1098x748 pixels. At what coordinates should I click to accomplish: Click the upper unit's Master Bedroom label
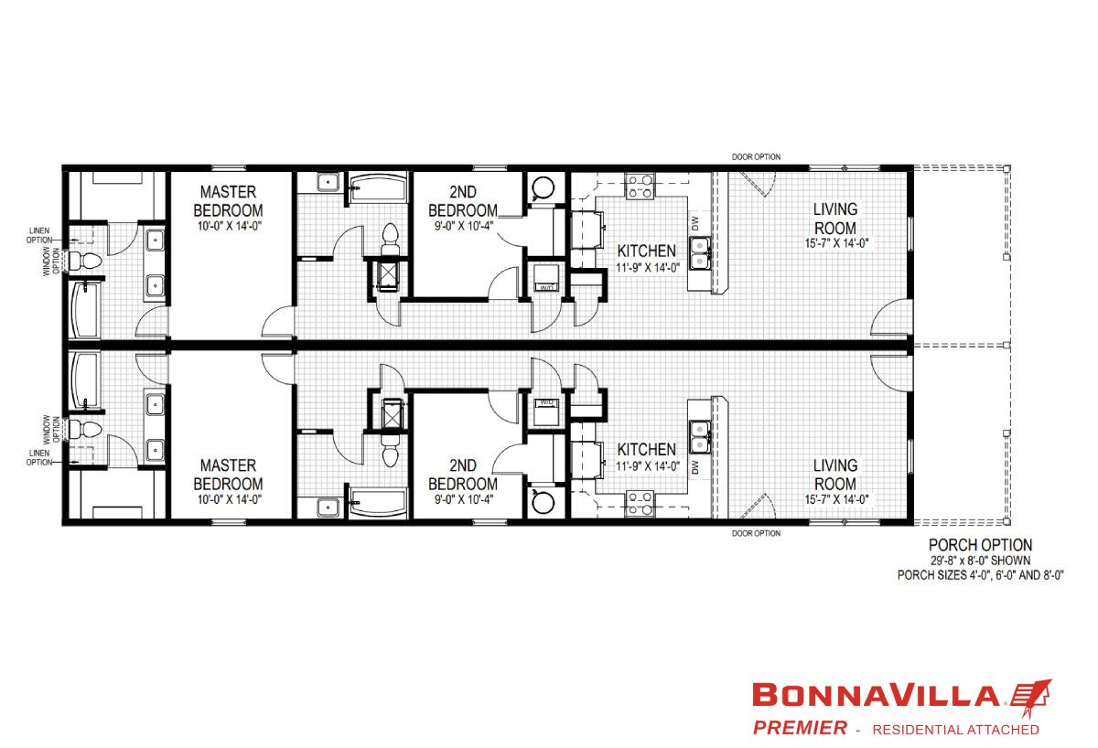click(228, 201)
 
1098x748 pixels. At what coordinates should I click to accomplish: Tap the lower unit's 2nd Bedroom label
click(463, 475)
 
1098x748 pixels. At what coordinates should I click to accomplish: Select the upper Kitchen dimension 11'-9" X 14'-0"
click(648, 268)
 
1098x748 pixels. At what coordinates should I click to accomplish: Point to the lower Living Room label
click(835, 475)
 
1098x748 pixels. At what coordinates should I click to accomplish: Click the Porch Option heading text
click(980, 545)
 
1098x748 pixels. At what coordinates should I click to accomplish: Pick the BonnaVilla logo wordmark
click(876, 695)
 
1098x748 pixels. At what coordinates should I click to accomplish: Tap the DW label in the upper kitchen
click(694, 224)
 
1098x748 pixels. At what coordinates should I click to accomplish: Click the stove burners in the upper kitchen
click(640, 187)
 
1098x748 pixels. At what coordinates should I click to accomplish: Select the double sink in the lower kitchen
click(700, 437)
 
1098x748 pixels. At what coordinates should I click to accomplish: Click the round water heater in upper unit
click(544, 187)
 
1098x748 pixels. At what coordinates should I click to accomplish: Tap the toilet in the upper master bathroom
click(85, 261)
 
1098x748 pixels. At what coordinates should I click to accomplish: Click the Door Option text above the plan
click(756, 156)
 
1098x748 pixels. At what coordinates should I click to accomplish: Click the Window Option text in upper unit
click(51, 262)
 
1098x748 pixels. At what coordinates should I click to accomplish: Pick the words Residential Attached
click(955, 730)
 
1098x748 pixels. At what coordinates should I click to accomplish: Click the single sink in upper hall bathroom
click(328, 182)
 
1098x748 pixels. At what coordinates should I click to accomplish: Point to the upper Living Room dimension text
click(836, 243)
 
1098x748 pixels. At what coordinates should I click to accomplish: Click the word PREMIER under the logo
click(800, 728)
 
